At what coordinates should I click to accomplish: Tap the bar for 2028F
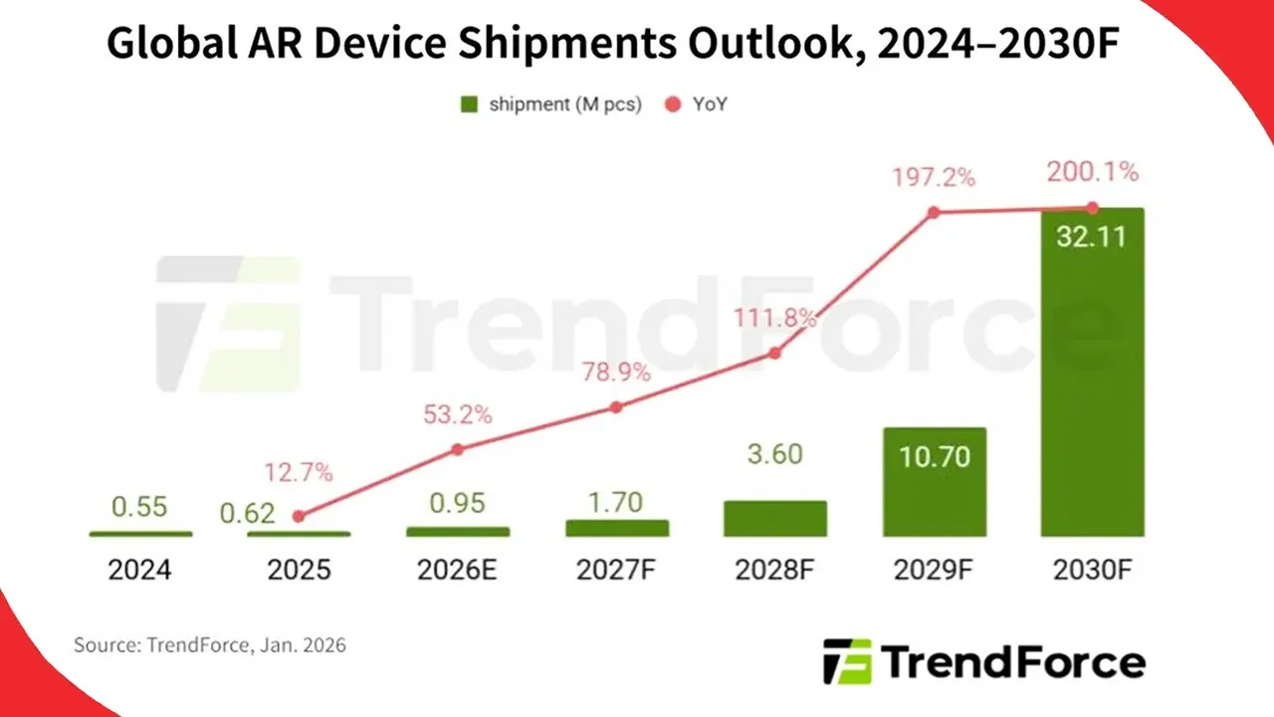coord(775,519)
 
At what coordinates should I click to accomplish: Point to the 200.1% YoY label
coord(1092,172)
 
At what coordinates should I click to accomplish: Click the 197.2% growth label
coord(934,178)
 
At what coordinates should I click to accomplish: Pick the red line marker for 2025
coord(299,516)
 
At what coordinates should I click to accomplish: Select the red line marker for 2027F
coord(616,406)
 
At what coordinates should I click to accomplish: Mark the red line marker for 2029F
coord(934,212)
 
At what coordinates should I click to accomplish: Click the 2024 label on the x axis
coord(140,570)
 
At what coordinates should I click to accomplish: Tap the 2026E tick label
coord(458,570)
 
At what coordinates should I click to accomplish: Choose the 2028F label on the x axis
coord(775,570)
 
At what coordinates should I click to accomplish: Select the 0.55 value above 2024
coord(140,507)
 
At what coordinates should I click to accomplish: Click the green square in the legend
coord(470,104)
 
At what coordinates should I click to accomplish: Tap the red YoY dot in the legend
coord(672,104)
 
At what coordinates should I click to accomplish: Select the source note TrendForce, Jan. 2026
coord(210,645)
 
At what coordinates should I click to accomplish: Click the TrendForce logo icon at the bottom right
coord(847,661)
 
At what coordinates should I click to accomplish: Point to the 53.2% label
coord(458,414)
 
